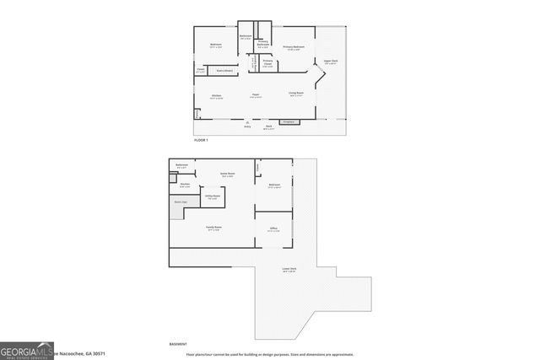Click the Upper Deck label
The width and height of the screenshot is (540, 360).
[330, 62]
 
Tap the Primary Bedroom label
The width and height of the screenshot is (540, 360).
[294, 47]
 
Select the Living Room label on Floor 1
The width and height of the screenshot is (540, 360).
[295, 94]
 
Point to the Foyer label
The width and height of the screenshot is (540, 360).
[255, 94]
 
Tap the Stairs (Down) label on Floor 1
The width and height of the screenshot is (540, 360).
[226, 70]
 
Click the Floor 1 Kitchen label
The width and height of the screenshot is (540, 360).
[217, 96]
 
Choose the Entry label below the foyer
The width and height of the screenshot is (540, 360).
[247, 126]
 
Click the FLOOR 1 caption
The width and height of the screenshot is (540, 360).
[201, 140]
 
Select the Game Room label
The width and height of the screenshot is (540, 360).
[227, 175]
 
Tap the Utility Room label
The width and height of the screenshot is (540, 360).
[213, 196]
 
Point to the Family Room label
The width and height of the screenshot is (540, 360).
[213, 228]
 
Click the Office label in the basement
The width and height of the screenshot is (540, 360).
[274, 228]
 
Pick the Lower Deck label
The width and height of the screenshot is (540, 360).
[289, 270]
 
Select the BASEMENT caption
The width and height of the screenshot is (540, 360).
[179, 344]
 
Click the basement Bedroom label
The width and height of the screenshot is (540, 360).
[274, 185]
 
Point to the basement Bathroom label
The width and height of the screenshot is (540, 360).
[182, 165]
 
